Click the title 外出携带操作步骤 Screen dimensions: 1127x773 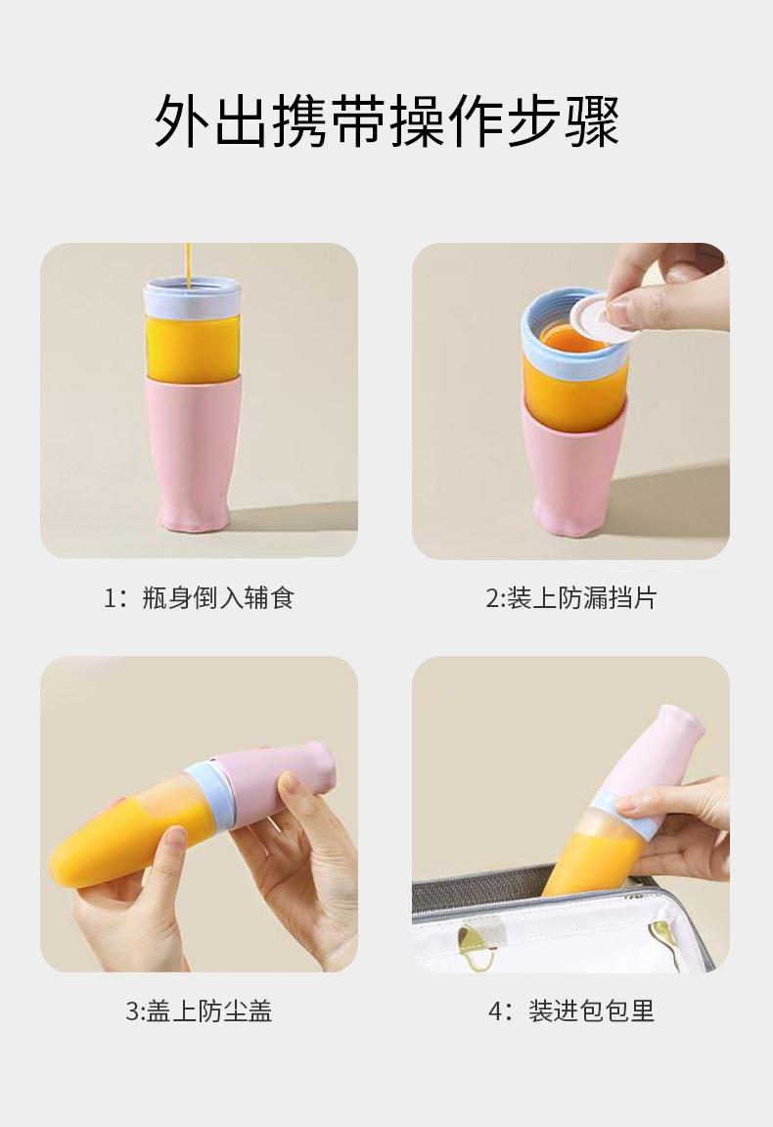[386, 122]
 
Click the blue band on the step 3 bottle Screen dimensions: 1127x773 [208, 793]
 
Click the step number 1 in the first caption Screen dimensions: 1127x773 [111, 597]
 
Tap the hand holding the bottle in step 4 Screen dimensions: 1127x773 [685, 822]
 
